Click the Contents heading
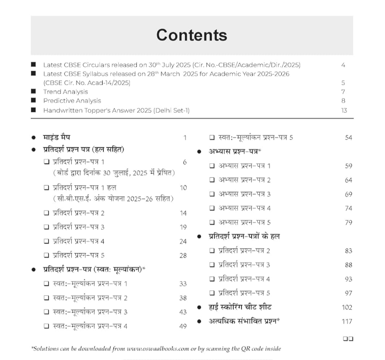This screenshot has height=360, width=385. point(191,35)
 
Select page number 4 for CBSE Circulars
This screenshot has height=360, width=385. point(343,65)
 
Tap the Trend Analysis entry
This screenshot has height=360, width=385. point(66,92)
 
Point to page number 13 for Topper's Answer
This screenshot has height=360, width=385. point(343,111)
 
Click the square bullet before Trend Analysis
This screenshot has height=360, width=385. point(34,92)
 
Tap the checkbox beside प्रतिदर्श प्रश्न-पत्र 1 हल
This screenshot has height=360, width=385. point(47,187)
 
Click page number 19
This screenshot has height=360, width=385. point(183,227)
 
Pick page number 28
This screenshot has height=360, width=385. point(183,255)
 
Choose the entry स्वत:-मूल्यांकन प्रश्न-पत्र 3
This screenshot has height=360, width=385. point(90,312)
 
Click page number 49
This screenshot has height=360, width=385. point(183,326)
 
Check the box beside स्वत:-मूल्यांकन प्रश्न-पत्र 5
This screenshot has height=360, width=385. point(212,138)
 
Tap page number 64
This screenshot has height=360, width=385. point(349,180)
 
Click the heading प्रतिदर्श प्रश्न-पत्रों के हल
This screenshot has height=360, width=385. point(244,236)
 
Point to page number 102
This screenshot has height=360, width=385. point(346,307)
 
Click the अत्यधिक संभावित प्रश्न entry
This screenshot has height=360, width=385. point(244,321)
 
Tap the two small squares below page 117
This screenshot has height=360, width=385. point(348,339)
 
